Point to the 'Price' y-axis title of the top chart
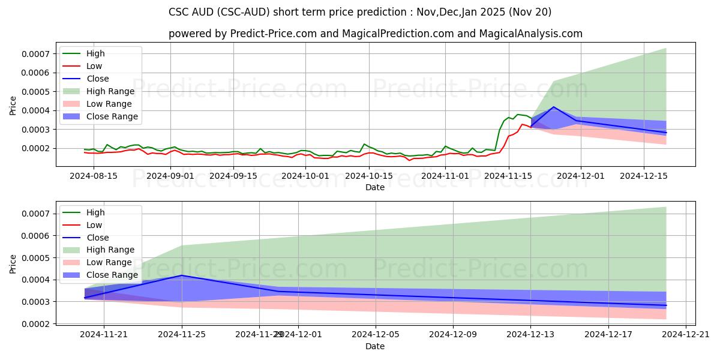click(13, 105)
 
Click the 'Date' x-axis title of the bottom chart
click(375, 346)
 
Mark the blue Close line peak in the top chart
click(553, 107)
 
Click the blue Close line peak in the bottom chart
click(182, 275)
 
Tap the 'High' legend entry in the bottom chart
click(95, 212)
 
